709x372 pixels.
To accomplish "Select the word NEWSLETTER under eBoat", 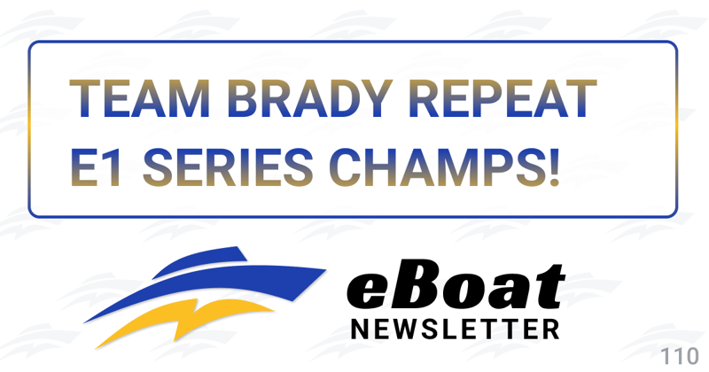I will [455, 329].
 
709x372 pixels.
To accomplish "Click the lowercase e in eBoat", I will [367, 292].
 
